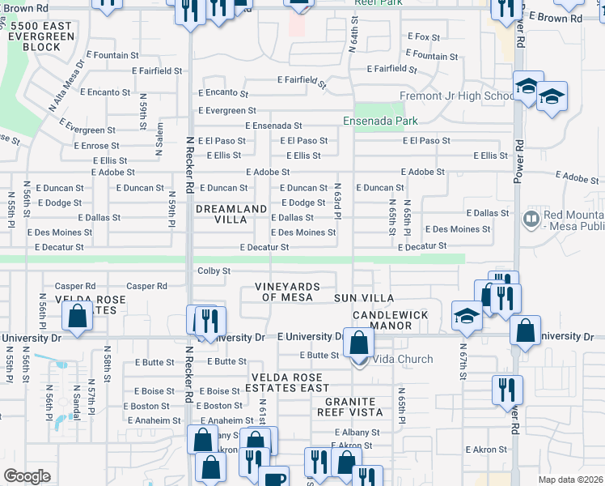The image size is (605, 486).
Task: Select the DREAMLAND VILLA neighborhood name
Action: (231, 214)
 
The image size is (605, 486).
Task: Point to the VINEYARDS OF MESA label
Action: (287, 292)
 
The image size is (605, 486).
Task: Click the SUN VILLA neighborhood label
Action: (363, 298)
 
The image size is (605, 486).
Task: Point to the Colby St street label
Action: (214, 271)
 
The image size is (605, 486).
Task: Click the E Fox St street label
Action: (423, 36)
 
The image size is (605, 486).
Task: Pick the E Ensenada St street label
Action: (273, 126)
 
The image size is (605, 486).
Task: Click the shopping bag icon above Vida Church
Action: (358, 343)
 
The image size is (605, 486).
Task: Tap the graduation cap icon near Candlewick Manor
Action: (467, 317)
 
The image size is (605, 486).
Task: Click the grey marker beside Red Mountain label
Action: (531, 218)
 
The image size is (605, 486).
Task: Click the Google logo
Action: (27, 475)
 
